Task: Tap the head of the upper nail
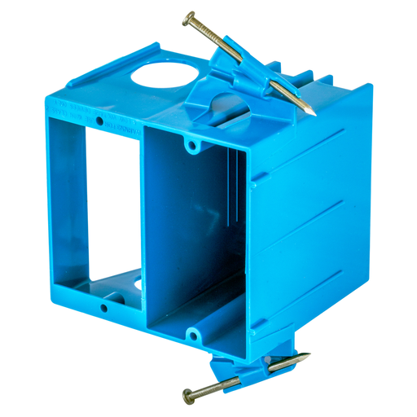click(x=189, y=16)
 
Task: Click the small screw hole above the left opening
click(x=99, y=121)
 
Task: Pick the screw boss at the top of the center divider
click(x=191, y=146)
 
